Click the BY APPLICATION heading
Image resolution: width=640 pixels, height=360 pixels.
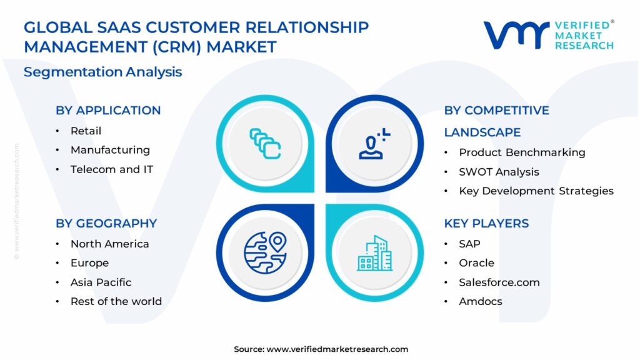(108, 110)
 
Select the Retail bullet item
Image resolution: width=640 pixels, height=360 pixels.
(86, 131)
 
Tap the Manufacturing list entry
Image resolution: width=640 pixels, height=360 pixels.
(110, 150)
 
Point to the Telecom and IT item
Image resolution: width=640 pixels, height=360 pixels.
(112, 169)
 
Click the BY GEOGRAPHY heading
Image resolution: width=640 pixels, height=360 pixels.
(106, 223)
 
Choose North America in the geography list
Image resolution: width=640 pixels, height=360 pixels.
(110, 244)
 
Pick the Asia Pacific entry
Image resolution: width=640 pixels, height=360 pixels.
(101, 282)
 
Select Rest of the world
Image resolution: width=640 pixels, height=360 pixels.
(116, 301)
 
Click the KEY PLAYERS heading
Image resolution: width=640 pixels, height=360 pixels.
(486, 223)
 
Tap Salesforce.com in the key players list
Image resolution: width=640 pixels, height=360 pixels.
(499, 282)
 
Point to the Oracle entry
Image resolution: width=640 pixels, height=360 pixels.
(476, 263)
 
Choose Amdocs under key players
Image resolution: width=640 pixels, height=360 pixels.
(481, 301)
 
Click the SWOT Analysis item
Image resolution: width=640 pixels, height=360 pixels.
(499, 172)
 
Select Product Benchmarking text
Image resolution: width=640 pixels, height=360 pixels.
(522, 152)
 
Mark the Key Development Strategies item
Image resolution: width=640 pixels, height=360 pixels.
(536, 191)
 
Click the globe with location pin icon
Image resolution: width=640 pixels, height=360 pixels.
(265, 252)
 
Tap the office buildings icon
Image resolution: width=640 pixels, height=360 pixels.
(375, 253)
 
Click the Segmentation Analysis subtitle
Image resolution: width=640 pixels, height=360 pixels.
(103, 72)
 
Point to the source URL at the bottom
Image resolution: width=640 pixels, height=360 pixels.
(337, 349)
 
